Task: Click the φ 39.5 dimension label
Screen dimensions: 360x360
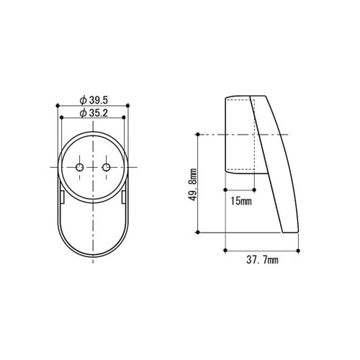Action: pyautogui.click(x=94, y=100)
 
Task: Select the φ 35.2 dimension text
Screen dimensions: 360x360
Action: pyautogui.click(x=94, y=113)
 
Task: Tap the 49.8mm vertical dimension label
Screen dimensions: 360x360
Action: pyautogui.click(x=193, y=184)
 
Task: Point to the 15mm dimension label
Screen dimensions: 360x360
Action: pyautogui.click(x=241, y=201)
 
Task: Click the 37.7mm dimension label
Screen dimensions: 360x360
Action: pyautogui.click(x=262, y=260)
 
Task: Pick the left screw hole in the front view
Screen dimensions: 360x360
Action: pyautogui.click(x=79, y=167)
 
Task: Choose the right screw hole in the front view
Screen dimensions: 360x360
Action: pyautogui.click(x=107, y=167)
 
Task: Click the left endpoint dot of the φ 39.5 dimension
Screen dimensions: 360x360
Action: pyautogui.click(x=58, y=106)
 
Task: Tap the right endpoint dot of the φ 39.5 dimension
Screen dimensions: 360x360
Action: pyautogui.click(x=127, y=106)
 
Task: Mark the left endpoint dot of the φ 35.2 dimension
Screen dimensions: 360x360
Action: pyautogui.click(x=61, y=117)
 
